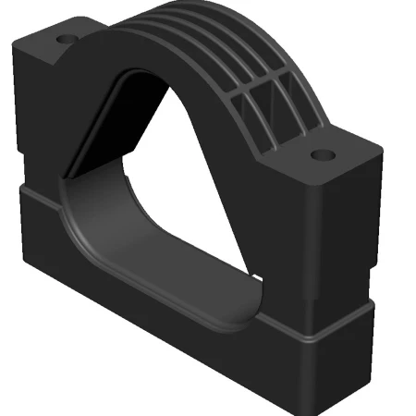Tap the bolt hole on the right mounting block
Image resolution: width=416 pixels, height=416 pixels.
[321, 154]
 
